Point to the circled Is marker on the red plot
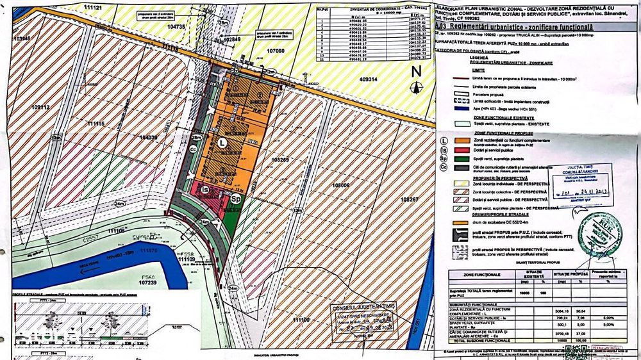[206, 190]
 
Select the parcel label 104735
[175, 27]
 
